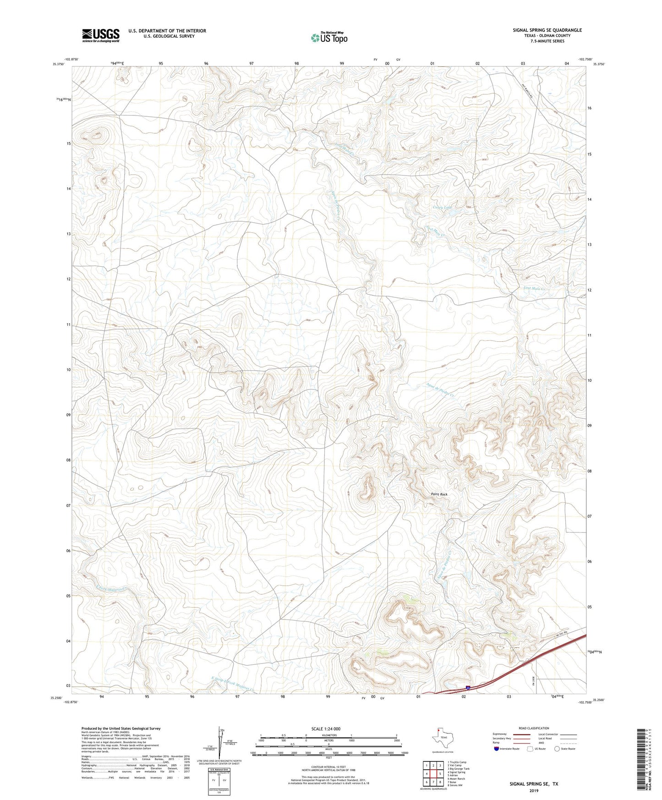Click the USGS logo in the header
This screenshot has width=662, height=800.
pos(101,35)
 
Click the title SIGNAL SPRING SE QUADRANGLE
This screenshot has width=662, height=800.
pos(547,30)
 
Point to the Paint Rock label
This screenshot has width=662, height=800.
pos(439,494)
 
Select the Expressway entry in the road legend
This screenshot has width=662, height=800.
pos(500,734)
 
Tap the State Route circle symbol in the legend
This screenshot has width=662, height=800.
pos(558,749)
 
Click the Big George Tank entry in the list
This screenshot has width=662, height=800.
pos(458,769)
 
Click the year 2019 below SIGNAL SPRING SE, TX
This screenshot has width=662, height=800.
pos(534,790)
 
